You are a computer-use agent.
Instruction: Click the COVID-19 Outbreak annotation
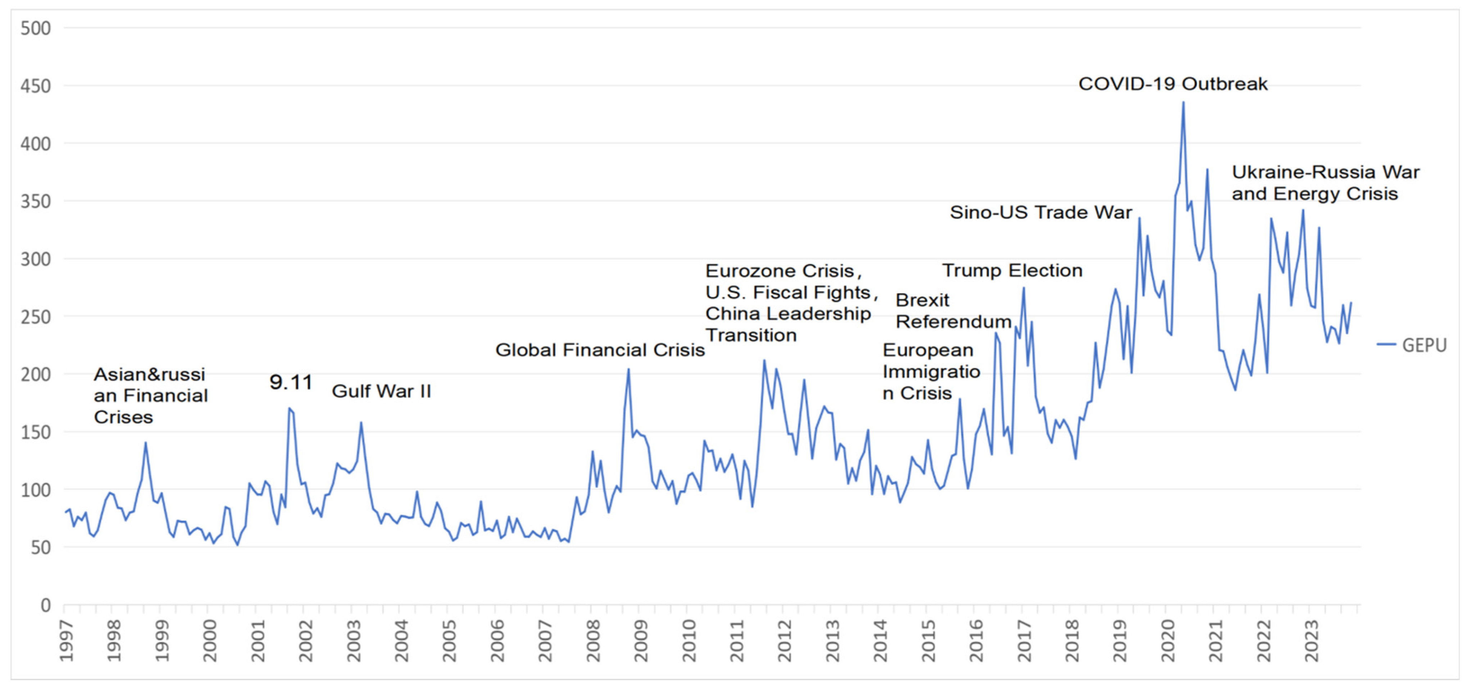point(1173,84)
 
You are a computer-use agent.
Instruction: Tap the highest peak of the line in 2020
point(1183,103)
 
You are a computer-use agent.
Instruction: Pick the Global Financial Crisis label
point(600,350)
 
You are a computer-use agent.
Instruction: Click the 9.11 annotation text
point(291,382)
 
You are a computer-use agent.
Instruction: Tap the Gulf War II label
point(381,391)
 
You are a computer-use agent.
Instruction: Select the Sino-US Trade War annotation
point(1041,213)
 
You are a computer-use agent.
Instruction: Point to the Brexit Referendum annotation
point(953,311)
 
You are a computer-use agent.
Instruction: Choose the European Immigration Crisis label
point(931,372)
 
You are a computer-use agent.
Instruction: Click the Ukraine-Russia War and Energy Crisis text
point(1324,183)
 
